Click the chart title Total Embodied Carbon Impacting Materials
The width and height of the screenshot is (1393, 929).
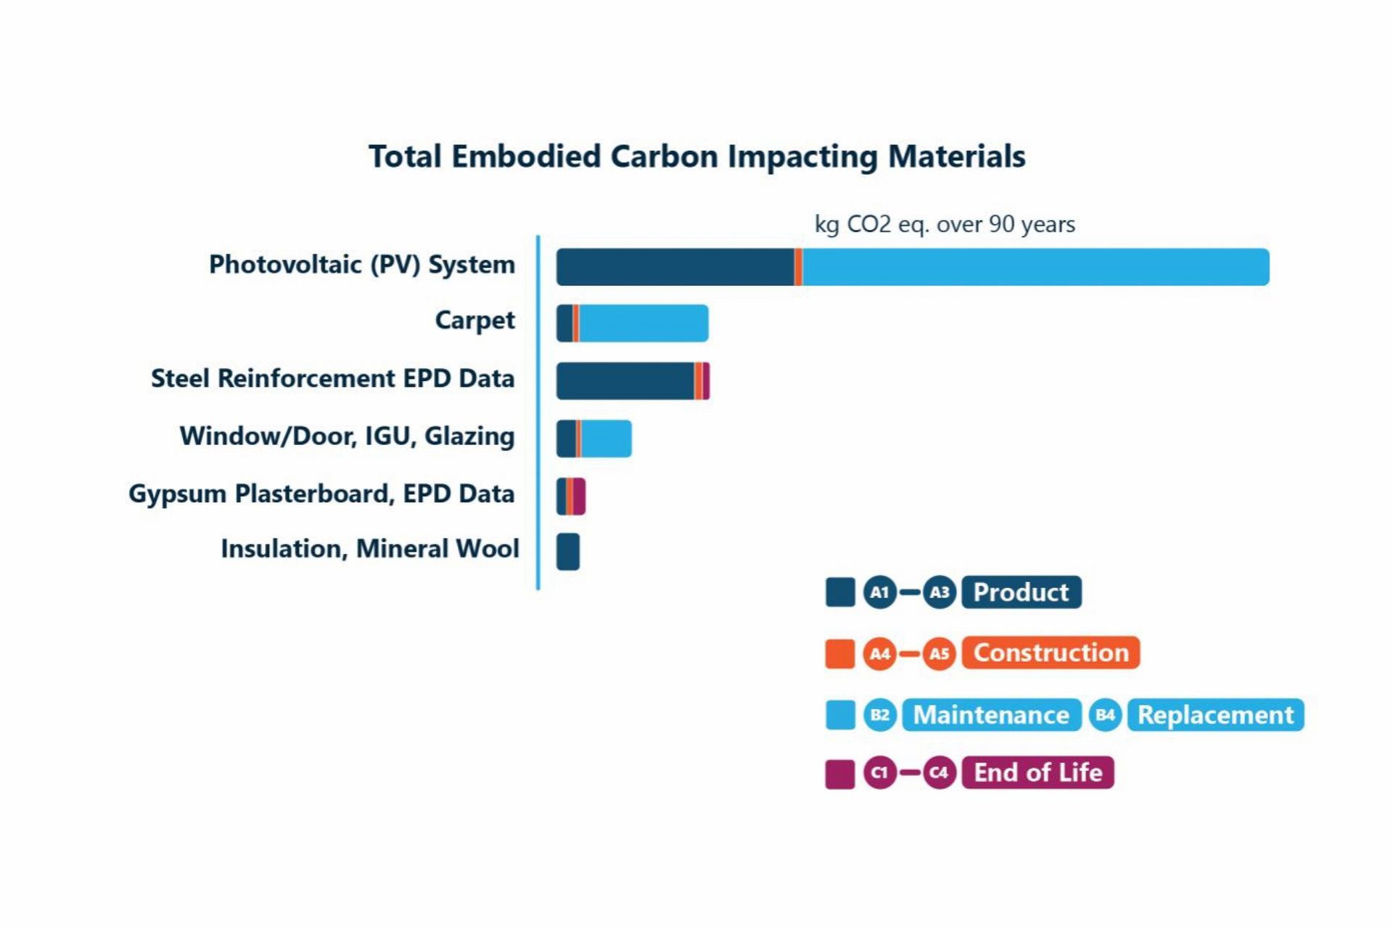pos(696,157)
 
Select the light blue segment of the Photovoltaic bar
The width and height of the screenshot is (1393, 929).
pos(1035,267)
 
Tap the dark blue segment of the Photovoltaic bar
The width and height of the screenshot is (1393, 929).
pos(675,267)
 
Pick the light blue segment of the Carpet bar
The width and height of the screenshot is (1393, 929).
pos(643,323)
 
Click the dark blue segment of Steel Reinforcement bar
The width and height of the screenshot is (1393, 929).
pos(625,381)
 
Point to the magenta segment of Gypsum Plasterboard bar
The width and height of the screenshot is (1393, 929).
pos(580,496)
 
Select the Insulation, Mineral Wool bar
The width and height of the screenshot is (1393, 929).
pos(568,552)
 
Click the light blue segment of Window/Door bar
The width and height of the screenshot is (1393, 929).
pos(606,438)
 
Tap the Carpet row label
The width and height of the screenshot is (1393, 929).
pos(474,320)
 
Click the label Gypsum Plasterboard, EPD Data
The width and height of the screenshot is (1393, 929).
pos(321,494)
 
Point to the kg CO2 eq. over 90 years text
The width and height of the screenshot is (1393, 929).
pos(945,224)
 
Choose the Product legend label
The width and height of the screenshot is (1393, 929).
pos(1021,592)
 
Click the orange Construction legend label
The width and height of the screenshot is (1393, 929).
pos(1051,652)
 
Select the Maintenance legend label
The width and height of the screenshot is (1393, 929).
pos(991,715)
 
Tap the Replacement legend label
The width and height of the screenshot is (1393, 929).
pos(1215,715)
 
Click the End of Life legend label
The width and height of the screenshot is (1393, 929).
pos(1037,772)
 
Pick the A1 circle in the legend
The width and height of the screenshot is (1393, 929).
pos(879,592)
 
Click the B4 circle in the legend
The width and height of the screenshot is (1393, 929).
pos(1105,715)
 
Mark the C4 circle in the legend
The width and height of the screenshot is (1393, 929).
pos(939,772)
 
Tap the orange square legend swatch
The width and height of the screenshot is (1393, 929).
pos(840,653)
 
